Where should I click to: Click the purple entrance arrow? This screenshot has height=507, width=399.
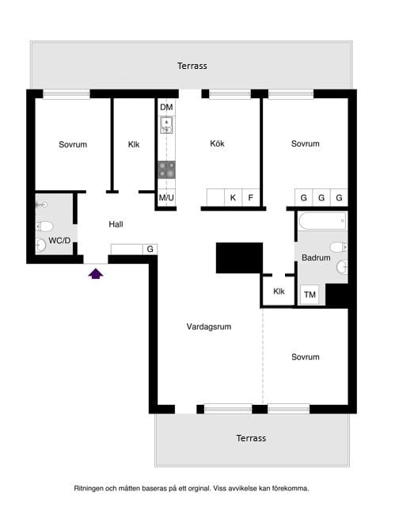tap(96, 274)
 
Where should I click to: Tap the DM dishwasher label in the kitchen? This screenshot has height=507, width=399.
tap(166, 107)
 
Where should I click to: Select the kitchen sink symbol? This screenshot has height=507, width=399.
tap(167, 125)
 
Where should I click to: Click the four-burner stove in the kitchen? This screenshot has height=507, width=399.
tap(167, 170)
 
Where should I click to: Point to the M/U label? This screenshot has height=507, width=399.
tap(166, 197)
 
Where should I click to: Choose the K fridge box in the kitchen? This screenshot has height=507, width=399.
tap(233, 197)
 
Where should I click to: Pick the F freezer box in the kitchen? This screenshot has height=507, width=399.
tap(251, 197)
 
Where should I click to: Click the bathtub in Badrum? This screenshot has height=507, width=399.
tap(322, 221)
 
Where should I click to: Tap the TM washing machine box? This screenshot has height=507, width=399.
tap(310, 295)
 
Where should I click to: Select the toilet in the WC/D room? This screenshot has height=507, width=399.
tap(44, 226)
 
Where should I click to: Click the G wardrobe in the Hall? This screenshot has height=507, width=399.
tap(150, 249)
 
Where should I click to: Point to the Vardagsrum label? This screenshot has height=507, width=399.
tap(209, 326)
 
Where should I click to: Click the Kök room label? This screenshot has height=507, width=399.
tap(217, 143)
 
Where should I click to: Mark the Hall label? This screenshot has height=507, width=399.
tap(116, 224)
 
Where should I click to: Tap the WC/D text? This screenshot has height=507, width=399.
tap(59, 241)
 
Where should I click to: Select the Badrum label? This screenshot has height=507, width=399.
tap(316, 257)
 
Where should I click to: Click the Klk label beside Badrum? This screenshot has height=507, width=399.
tap(279, 292)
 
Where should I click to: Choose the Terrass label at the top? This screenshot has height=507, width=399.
tap(192, 66)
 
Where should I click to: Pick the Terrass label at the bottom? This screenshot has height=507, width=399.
tap(251, 438)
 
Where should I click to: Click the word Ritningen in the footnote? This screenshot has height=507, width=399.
tap(89, 489)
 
